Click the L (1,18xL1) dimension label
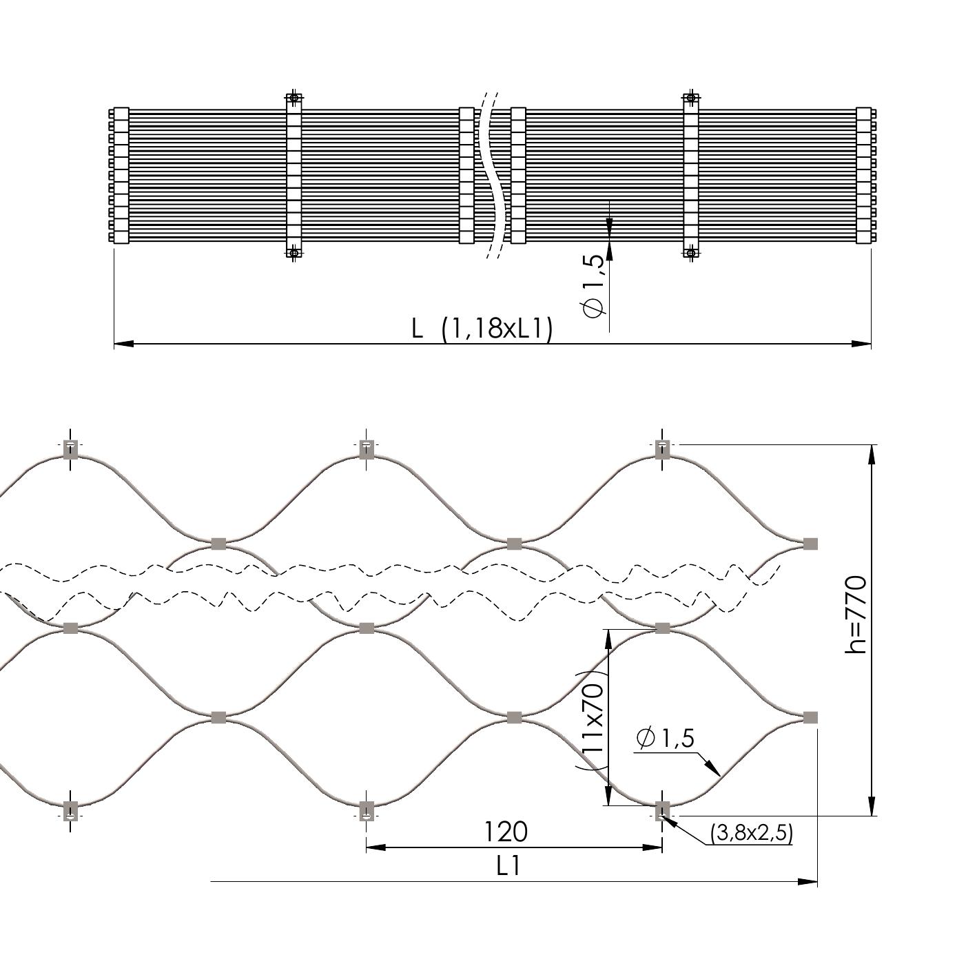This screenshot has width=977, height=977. pos(482,329)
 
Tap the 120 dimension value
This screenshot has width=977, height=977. pos(506,832)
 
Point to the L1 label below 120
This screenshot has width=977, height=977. pos(508,866)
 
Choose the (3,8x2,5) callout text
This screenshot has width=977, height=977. pos(752,833)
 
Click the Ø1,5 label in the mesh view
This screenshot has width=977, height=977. pos(666,738)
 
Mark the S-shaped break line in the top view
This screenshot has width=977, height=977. pos(493,175)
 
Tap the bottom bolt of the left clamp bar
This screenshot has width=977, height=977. pos(294,253)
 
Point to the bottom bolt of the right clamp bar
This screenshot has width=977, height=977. pos(691,253)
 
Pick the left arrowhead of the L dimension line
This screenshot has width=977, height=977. pos(123,343)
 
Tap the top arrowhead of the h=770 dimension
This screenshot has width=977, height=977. pos(872,455)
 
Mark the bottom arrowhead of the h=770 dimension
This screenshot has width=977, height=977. pos(872,806)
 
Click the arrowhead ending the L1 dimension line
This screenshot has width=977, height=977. pos(808,881)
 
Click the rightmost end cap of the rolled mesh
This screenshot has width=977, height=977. pos(864,175)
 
